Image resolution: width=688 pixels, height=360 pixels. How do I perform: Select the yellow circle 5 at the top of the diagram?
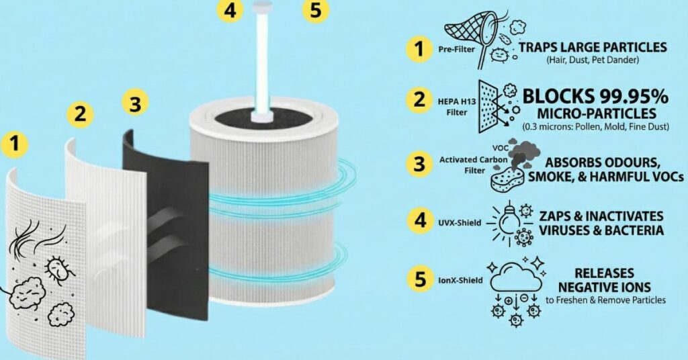pos(316,11)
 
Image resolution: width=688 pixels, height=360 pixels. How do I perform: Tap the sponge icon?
pos(510,177)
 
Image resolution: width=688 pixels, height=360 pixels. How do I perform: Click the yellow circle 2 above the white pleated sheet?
pos(80,114)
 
